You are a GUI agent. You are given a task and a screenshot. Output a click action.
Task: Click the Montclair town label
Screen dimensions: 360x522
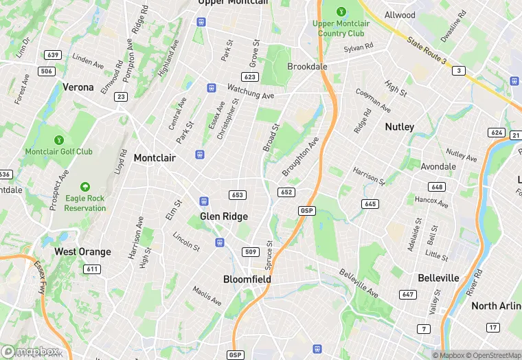(155, 158)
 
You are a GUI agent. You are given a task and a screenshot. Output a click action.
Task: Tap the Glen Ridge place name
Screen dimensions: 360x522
(224, 216)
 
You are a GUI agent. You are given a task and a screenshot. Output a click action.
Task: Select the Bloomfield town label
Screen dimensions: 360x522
(247, 280)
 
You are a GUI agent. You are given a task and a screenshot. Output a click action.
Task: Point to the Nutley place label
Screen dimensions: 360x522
(399, 127)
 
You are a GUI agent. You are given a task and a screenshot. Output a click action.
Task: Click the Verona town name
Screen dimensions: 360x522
(78, 87)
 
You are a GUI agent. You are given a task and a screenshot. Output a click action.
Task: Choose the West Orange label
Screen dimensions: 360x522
(82, 251)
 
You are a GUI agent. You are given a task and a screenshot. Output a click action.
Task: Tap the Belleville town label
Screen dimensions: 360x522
(438, 278)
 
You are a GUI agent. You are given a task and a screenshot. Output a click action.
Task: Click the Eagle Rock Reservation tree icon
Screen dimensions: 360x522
(85, 187)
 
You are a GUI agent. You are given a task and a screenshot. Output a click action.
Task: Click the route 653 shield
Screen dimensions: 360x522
(238, 195)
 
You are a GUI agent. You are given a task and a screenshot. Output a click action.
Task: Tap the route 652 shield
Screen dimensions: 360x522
(286, 192)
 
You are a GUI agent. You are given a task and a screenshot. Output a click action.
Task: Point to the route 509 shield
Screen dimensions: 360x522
(251, 252)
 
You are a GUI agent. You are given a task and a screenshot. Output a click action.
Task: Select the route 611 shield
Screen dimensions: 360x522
(92, 269)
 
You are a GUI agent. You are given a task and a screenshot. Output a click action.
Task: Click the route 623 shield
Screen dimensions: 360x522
(250, 77)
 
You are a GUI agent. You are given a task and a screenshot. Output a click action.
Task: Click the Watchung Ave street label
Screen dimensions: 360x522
(251, 92)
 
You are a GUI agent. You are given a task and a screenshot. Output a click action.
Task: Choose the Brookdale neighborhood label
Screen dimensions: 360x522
(307, 67)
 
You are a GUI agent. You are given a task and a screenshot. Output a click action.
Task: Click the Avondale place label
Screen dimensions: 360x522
(438, 166)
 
